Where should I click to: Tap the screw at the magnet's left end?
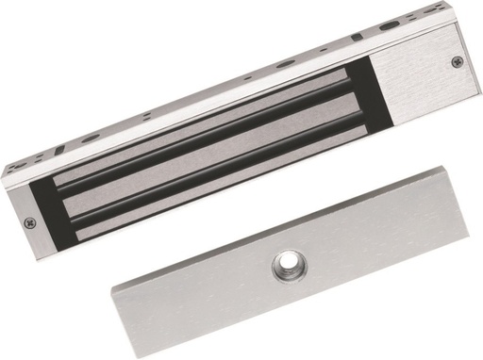click(26, 224)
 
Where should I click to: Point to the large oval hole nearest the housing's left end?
click(91, 139)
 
